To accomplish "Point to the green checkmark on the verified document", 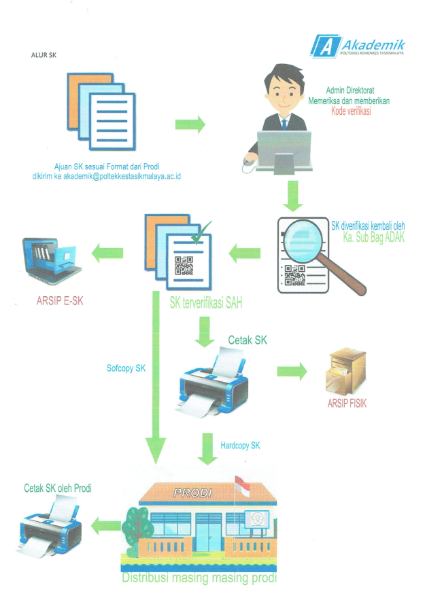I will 198,238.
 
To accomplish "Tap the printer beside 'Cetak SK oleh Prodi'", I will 52,525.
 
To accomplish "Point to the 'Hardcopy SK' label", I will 240,446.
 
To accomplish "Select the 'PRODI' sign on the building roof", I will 192,493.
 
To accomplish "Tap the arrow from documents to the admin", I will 190,124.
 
